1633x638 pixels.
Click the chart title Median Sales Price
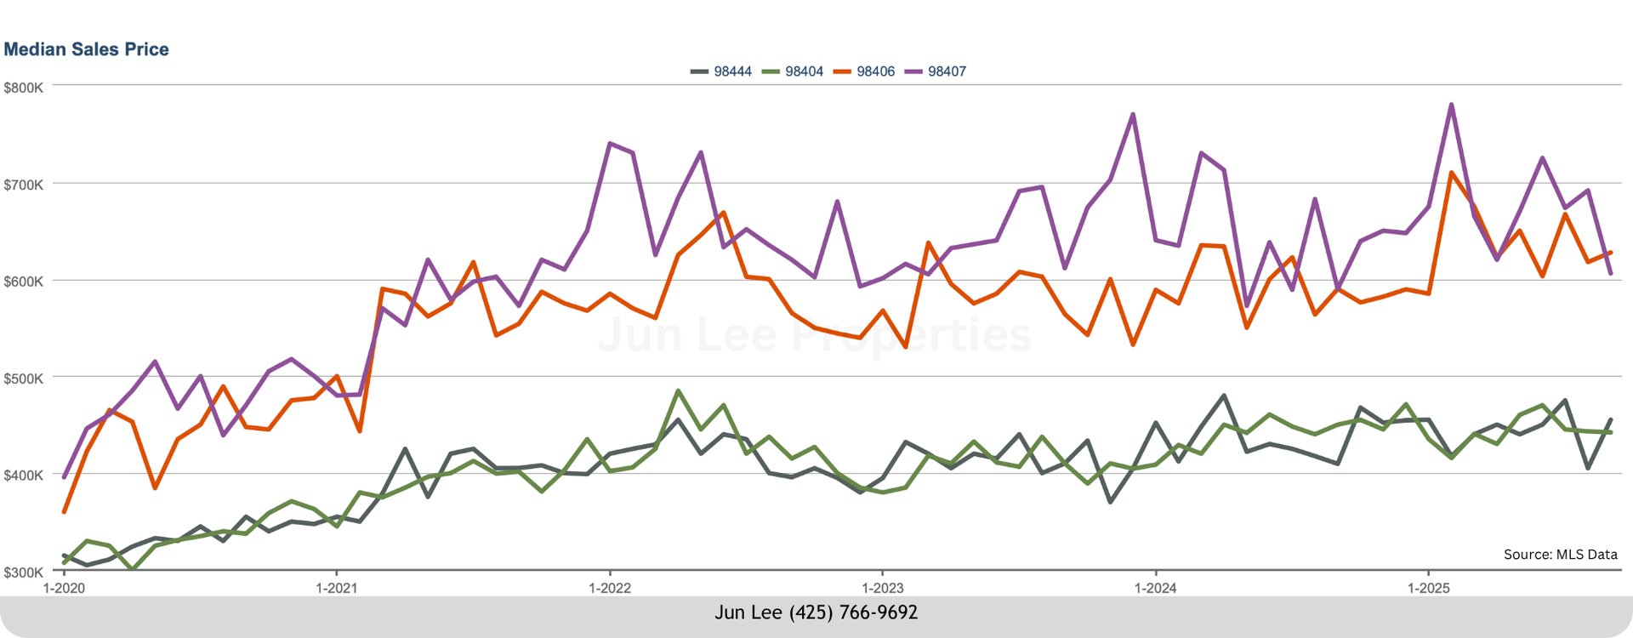tap(86, 49)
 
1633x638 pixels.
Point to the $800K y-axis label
tap(23, 88)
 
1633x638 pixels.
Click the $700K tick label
tap(23, 185)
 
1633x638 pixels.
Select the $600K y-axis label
tap(23, 282)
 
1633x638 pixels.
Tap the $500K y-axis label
tap(23, 379)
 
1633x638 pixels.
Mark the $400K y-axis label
tap(23, 476)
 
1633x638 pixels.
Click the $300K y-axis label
tap(23, 572)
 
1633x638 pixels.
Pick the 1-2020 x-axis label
tap(64, 588)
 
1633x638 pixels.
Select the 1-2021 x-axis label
tap(337, 588)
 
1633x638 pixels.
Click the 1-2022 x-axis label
tap(610, 588)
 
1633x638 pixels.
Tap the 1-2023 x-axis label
tap(883, 588)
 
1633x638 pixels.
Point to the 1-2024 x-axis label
tap(1156, 588)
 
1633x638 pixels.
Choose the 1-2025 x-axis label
tap(1429, 588)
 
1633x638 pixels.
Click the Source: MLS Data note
tap(1560, 555)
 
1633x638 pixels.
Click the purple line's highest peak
tap(1451, 105)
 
